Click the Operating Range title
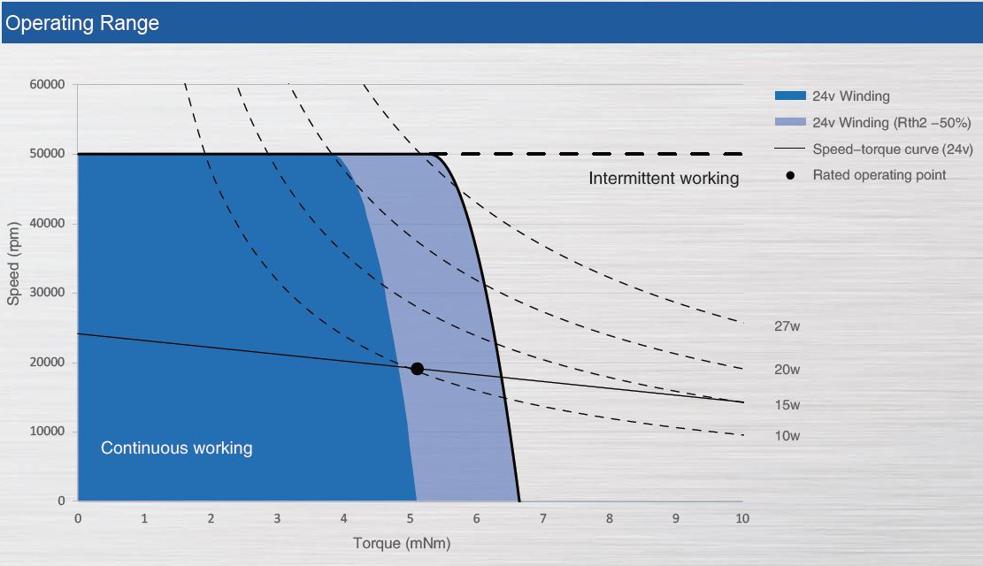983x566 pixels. [82, 23]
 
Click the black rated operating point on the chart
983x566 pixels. [417, 369]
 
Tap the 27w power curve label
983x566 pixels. [787, 326]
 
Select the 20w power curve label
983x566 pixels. [787, 370]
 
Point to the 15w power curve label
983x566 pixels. [787, 405]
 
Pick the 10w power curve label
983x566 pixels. [787, 436]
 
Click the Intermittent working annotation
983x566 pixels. [664, 179]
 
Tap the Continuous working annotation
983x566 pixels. [177, 448]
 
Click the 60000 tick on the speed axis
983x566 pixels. [47, 84]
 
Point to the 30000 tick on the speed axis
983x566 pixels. [47, 292]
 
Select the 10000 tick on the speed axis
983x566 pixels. [47, 432]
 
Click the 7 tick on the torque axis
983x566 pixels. [543, 518]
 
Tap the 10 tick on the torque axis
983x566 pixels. [742, 518]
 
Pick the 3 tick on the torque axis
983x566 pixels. [277, 518]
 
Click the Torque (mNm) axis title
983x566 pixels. [402, 543]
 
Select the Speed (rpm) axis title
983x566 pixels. [13, 264]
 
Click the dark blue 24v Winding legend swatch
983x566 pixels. [790, 96]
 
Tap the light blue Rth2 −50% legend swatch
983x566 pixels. [790, 121]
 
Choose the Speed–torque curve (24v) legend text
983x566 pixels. [893, 149]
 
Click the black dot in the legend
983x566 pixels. [790, 175]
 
